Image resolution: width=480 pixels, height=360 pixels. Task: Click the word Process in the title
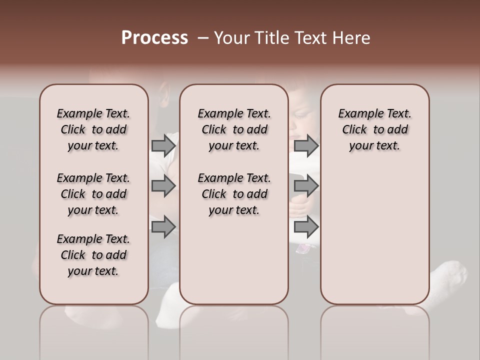[154, 38]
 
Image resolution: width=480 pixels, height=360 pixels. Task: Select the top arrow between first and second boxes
[163, 145]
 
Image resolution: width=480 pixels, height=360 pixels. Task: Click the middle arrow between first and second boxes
[163, 186]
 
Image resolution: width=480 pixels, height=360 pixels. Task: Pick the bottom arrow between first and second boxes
[163, 227]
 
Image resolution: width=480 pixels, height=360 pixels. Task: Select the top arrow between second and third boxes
[306, 145]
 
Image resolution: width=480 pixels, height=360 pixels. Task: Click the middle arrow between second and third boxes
[306, 186]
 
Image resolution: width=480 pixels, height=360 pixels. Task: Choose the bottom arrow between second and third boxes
[306, 227]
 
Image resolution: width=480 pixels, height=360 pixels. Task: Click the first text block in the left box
[93, 129]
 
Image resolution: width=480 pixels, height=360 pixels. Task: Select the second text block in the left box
[93, 194]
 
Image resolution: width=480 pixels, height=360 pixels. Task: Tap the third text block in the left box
[93, 255]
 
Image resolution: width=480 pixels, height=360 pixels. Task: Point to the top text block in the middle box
[234, 129]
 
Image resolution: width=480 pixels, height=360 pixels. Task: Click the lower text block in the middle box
[234, 194]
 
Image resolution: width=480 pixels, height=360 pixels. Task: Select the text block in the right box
[374, 129]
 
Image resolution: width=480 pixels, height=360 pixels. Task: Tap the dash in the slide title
[203, 38]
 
